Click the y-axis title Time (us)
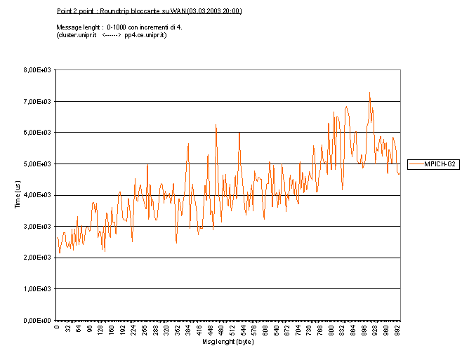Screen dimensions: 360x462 click(x=18, y=194)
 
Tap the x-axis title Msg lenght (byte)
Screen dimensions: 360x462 click(x=228, y=342)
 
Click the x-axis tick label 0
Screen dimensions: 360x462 click(x=57, y=326)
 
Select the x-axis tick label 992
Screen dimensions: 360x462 click(x=397, y=329)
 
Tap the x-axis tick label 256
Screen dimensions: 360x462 click(x=145, y=329)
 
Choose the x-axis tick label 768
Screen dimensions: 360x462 click(x=320, y=329)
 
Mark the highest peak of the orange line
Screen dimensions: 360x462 click(x=369, y=92)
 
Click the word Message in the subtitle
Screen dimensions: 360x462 click(x=68, y=26)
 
